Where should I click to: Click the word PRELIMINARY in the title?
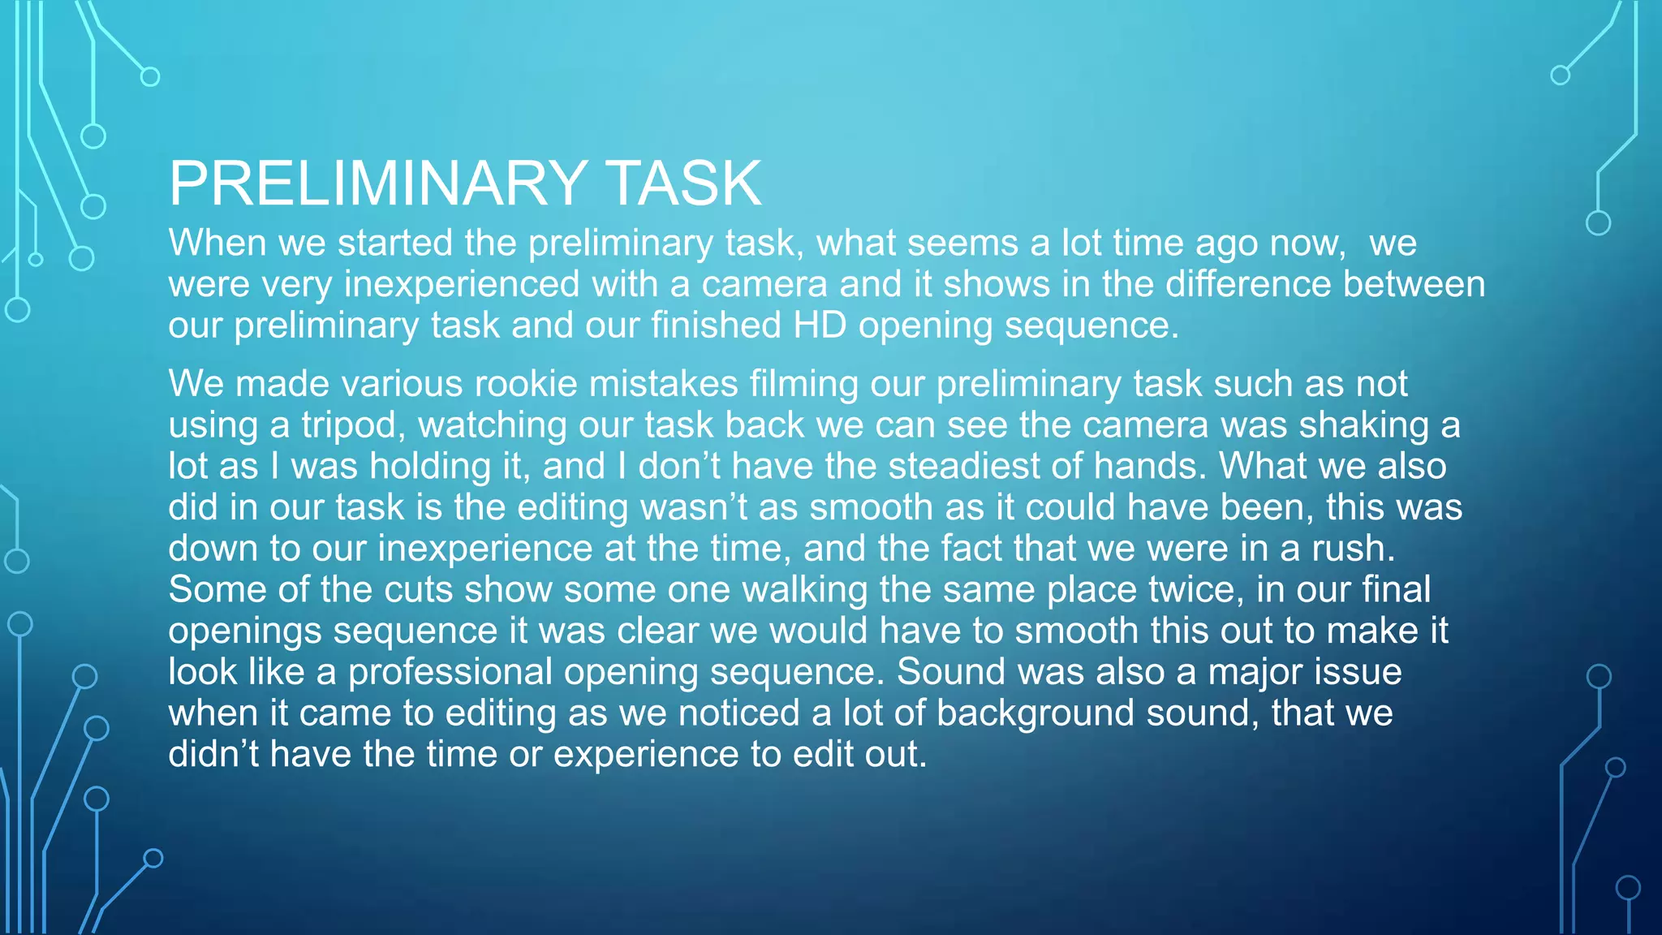point(378,183)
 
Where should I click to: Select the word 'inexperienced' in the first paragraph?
point(462,284)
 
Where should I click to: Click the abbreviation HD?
point(820,325)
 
